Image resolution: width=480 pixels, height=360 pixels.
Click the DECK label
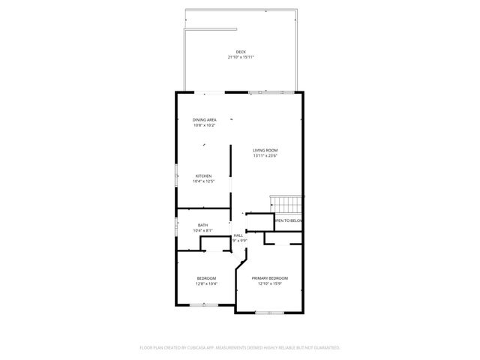pyautogui.click(x=240, y=52)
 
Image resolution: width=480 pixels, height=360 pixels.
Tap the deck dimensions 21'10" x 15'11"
pyautogui.click(x=240, y=57)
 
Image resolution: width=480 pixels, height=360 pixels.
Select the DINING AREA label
pyautogui.click(x=205, y=120)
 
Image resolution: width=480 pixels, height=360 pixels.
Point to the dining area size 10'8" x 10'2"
pyautogui.click(x=205, y=125)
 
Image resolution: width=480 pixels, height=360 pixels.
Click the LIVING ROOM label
pyautogui.click(x=265, y=151)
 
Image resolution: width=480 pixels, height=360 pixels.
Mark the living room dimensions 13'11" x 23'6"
pyautogui.click(x=265, y=156)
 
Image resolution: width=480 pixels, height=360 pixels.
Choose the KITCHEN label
pyautogui.click(x=203, y=176)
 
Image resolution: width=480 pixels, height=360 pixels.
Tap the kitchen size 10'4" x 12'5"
pyautogui.click(x=203, y=181)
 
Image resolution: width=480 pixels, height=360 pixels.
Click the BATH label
pyautogui.click(x=203, y=225)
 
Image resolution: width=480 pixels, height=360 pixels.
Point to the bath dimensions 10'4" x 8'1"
pyautogui.click(x=203, y=230)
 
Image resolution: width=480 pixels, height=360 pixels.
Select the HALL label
pyautogui.click(x=238, y=235)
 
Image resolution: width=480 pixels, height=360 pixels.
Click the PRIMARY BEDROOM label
pyautogui.click(x=269, y=278)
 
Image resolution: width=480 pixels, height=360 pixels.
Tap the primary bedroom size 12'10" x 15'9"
pyautogui.click(x=269, y=283)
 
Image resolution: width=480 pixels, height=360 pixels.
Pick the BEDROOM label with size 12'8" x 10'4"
pyautogui.click(x=206, y=278)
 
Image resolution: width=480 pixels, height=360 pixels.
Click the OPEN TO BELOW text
pyautogui.click(x=289, y=221)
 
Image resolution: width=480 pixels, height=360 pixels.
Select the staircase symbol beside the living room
pyautogui.click(x=286, y=204)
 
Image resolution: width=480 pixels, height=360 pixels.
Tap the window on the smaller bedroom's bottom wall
pyautogui.click(x=203, y=304)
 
